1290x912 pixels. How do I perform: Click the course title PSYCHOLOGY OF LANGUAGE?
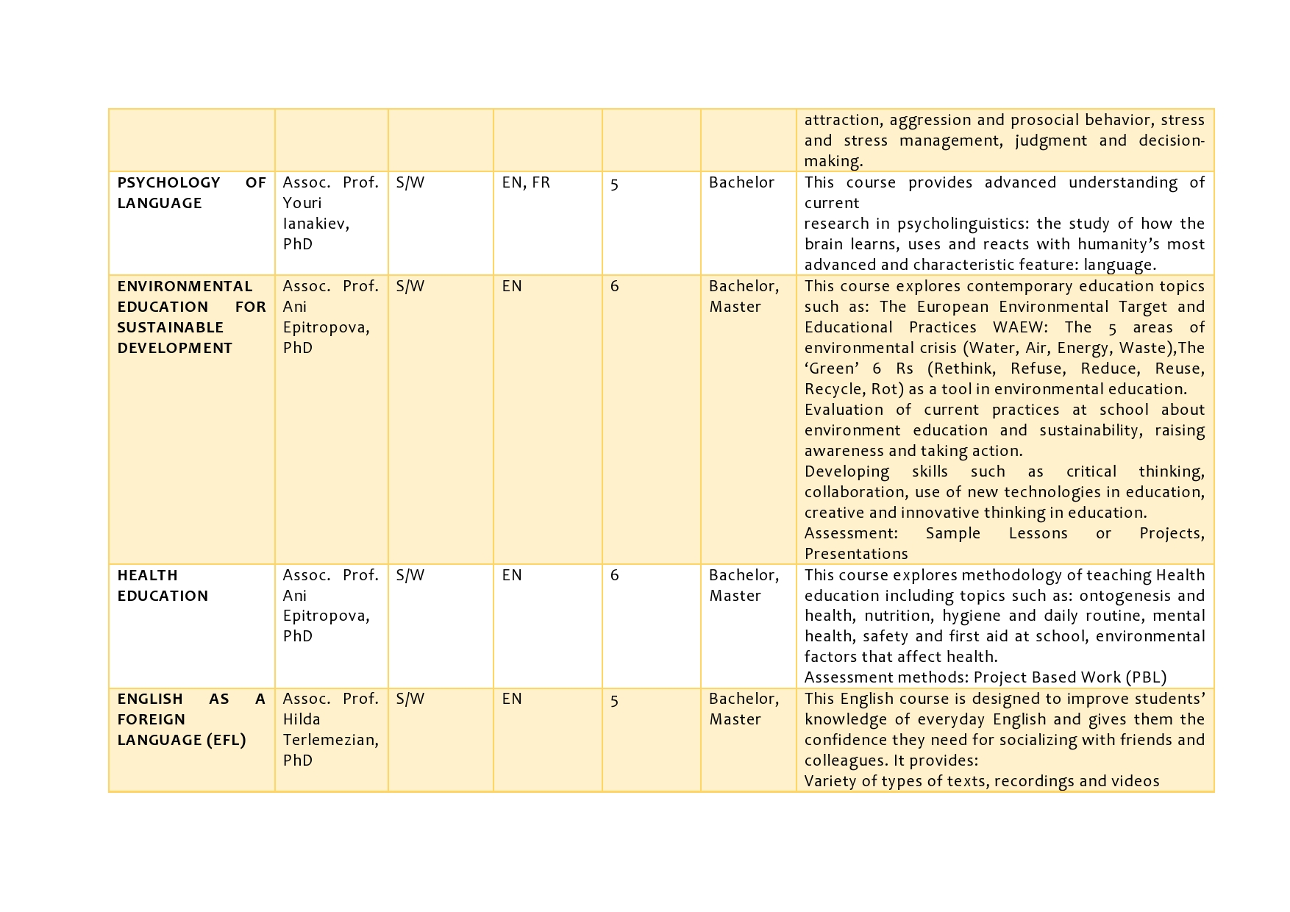(191, 193)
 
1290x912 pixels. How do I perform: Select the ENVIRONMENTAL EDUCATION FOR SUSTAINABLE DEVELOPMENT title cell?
(191, 317)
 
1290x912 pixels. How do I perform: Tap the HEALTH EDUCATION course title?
(163, 585)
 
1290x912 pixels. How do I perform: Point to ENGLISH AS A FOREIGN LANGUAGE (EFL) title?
(191, 719)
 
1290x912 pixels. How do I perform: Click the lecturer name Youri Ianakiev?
(316, 213)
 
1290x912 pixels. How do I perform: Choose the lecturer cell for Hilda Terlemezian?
(330, 730)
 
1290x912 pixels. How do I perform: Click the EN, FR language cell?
(526, 183)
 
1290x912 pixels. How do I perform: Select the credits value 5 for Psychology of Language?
(614, 184)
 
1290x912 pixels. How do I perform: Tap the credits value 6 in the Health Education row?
(615, 575)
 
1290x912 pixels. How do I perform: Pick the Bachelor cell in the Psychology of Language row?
(741, 183)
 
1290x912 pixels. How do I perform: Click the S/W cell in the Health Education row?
(410, 575)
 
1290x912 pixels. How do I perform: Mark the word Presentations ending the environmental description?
(856, 554)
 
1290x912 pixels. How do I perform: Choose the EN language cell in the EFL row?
(512, 699)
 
